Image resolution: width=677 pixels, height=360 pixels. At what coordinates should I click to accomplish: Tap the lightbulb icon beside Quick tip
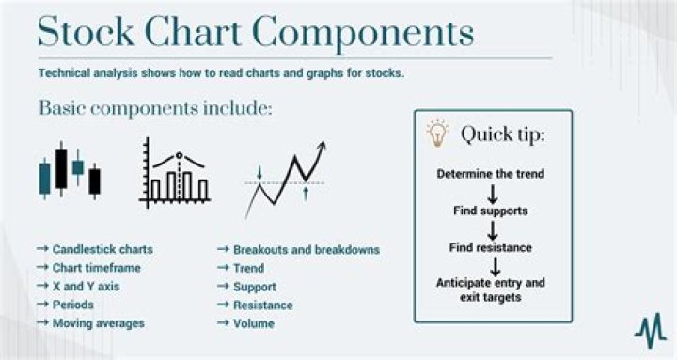pyautogui.click(x=437, y=133)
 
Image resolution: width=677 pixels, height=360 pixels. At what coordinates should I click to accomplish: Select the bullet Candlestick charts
pyautogui.click(x=95, y=250)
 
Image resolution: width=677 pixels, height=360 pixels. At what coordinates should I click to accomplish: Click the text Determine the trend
pyautogui.click(x=491, y=175)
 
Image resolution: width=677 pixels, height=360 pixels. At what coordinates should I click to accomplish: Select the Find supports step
pyautogui.click(x=491, y=211)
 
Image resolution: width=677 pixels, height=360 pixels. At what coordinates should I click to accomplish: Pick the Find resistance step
pyautogui.click(x=491, y=248)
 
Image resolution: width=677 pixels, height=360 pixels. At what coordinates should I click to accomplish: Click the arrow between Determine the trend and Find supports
pyautogui.click(x=491, y=193)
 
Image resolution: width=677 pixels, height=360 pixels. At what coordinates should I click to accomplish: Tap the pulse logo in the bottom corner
pyautogui.click(x=649, y=330)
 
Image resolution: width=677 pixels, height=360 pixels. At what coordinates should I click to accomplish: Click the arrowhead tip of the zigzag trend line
pyautogui.click(x=324, y=143)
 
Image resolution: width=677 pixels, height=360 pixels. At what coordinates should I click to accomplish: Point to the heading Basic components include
pyautogui.click(x=155, y=108)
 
